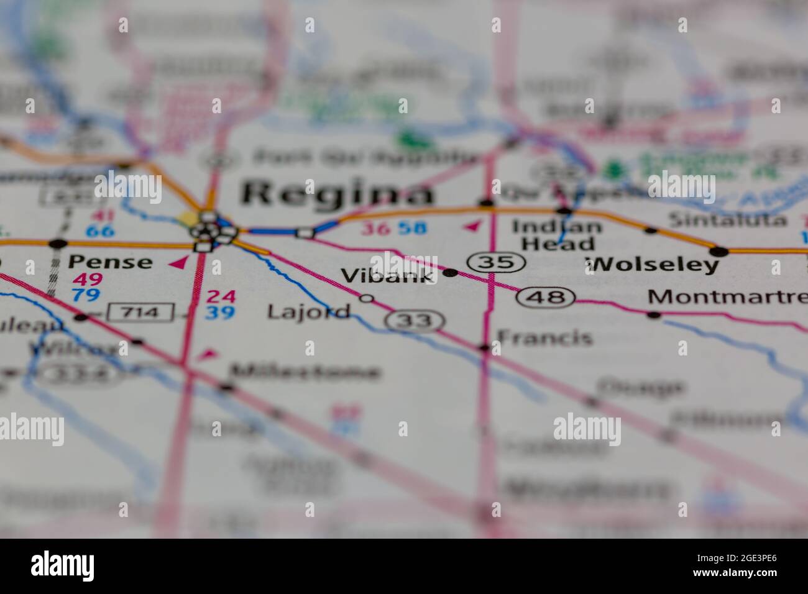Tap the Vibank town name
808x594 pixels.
click(388, 275)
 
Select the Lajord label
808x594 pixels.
click(308, 311)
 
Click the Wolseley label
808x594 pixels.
click(651, 265)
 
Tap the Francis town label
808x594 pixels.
click(544, 337)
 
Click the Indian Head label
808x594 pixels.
click(556, 235)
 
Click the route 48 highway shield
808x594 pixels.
click(545, 298)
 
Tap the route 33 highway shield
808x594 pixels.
click(415, 321)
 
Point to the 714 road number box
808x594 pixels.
click(140, 311)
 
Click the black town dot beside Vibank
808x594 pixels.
click(451, 272)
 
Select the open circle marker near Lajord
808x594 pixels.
click(367, 299)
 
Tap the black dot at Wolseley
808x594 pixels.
click(719, 252)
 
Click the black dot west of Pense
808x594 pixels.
click(58, 243)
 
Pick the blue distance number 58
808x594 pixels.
click(412, 228)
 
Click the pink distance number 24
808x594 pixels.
click(221, 296)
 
